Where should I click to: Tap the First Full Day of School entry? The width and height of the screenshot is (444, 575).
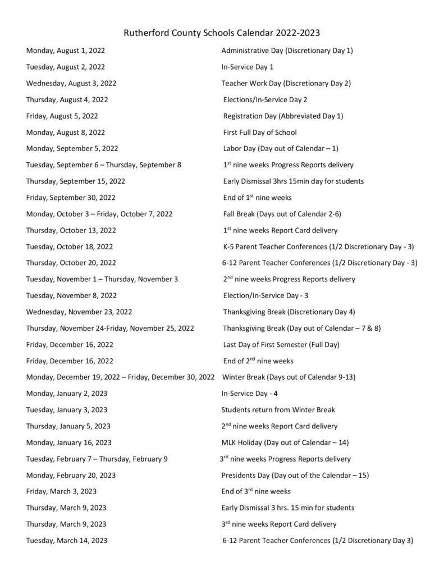[x=260, y=133]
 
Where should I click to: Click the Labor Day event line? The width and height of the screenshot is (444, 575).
[x=281, y=149]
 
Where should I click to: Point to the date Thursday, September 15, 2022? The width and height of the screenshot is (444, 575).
[x=75, y=181]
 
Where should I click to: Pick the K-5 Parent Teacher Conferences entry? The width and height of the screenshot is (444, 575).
[x=319, y=247]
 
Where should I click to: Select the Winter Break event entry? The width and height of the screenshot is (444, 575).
[x=289, y=377]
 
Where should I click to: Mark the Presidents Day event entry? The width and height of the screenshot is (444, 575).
[x=295, y=475]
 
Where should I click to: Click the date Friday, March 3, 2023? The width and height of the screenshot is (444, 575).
[x=61, y=491]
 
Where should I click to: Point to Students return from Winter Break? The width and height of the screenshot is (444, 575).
[x=278, y=410]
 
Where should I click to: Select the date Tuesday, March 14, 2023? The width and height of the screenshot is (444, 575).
[x=67, y=540]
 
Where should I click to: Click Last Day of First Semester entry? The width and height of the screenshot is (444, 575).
[x=281, y=344]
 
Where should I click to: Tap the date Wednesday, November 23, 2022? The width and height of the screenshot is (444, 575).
[x=79, y=312]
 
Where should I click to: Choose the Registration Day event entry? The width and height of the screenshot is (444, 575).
[x=283, y=116]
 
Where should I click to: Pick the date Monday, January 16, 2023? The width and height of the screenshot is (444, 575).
[x=68, y=442]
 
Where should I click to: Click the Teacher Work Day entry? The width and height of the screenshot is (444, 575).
[x=286, y=83]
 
